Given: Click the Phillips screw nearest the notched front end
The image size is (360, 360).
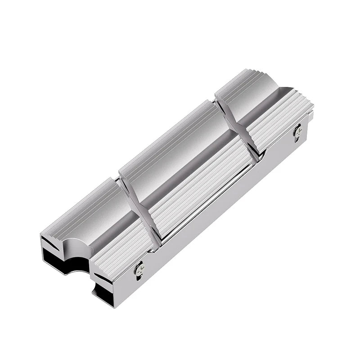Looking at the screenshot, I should click(139, 268).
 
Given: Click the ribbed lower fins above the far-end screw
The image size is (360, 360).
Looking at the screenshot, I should click(279, 119).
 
